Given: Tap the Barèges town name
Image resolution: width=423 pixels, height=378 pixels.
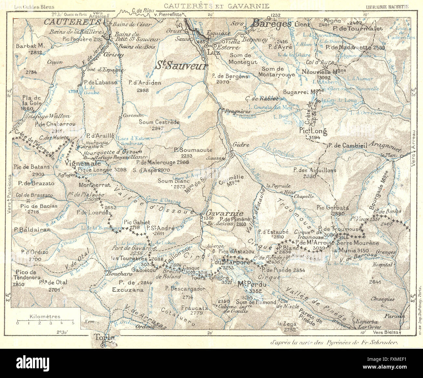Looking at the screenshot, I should tap(272, 24).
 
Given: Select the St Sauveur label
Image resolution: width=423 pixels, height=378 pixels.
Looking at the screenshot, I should tap(181, 66).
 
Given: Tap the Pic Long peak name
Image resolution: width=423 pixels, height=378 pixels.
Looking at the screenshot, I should tap(313, 131).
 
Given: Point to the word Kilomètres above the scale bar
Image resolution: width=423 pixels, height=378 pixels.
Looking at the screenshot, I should tap(45, 316).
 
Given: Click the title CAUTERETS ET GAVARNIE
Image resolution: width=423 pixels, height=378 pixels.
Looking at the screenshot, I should tap(216, 6).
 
